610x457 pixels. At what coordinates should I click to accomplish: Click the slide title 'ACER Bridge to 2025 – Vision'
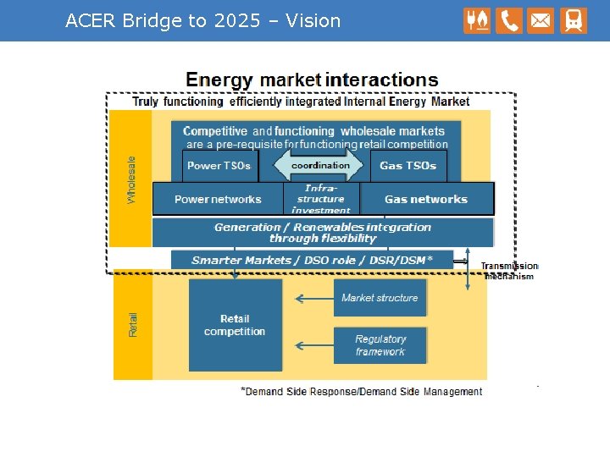(202, 20)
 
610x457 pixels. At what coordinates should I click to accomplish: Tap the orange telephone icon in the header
(509, 20)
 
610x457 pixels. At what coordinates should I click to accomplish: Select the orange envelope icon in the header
(541, 20)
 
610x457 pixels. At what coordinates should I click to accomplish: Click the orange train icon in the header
(573, 20)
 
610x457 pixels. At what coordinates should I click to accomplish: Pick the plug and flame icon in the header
(477, 20)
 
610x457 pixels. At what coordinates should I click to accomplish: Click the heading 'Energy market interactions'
(312, 80)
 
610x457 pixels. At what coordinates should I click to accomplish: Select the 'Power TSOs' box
(219, 166)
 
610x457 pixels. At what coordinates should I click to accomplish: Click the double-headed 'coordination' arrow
(320, 166)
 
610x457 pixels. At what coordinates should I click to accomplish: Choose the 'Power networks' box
(218, 200)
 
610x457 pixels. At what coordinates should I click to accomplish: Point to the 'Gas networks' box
(426, 200)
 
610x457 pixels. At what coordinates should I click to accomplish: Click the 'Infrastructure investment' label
(320, 199)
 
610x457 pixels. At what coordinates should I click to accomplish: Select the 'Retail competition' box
(235, 325)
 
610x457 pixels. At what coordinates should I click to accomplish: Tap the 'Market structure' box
(380, 298)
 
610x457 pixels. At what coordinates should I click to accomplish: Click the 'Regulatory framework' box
(380, 345)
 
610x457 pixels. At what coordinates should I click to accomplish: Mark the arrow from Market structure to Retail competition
(313, 298)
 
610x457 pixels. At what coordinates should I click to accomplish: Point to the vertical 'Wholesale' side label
(131, 179)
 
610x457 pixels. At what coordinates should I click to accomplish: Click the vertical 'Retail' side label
(132, 325)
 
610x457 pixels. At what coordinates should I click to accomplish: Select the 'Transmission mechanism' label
(509, 271)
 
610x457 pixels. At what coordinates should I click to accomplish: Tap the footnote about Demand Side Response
(362, 392)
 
